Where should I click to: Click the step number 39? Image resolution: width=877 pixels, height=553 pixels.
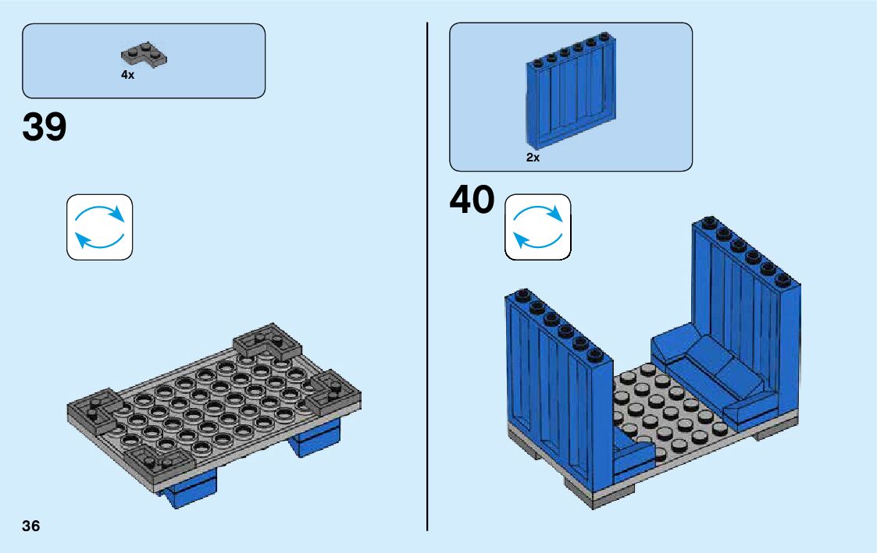(45, 127)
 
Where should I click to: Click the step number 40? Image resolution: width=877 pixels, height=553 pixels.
(472, 200)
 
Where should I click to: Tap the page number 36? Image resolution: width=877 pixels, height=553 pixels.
(31, 526)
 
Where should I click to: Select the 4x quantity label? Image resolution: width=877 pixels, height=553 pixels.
(127, 75)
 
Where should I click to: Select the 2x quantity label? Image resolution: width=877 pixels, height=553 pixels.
(533, 158)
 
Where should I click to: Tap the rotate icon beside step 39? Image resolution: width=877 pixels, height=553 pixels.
(99, 226)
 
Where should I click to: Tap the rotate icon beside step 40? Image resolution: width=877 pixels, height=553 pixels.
(538, 226)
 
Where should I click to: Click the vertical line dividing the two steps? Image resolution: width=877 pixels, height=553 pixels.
(427, 273)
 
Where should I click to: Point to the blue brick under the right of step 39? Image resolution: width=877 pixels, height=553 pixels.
(316, 439)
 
